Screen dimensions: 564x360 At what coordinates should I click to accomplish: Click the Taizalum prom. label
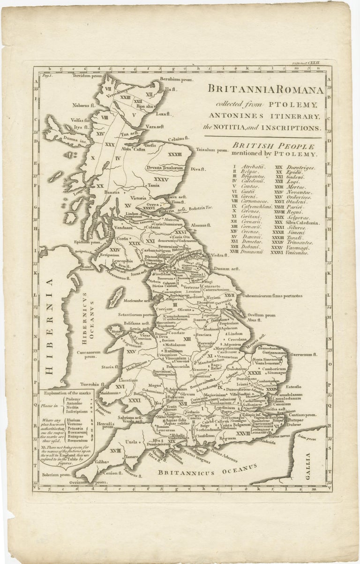coord(211,150)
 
